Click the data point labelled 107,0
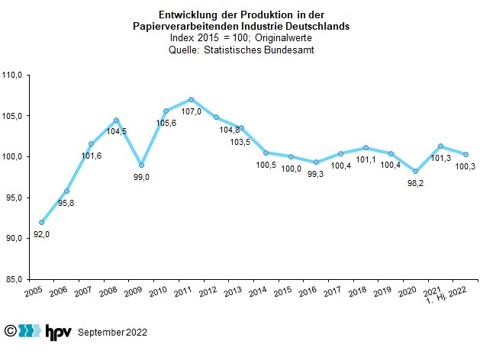(191, 99)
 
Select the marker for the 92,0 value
(41, 222)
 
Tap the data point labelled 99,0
(141, 165)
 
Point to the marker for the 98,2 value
(415, 171)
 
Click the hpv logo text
(57, 332)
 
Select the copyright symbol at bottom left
(10, 331)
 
